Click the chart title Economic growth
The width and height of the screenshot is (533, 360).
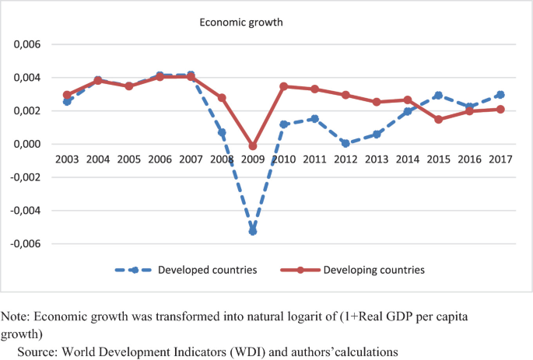pyautogui.click(x=240, y=23)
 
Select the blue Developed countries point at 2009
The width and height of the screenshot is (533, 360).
pyautogui.click(x=253, y=232)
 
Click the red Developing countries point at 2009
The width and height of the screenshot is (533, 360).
pyautogui.click(x=253, y=146)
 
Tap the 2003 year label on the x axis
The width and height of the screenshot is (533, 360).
pyautogui.click(x=68, y=159)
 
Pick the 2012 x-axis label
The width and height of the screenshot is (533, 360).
pyautogui.click(x=345, y=159)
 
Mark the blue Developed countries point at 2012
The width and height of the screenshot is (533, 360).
pyautogui.click(x=345, y=143)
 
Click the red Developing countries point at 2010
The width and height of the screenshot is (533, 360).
pyautogui.click(x=284, y=86)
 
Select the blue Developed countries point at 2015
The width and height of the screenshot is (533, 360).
pyautogui.click(x=438, y=96)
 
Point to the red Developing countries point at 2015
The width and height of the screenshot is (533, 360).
pyautogui.click(x=438, y=120)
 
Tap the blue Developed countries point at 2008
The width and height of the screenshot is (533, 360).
pyautogui.click(x=222, y=133)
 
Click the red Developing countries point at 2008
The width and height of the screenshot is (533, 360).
pyautogui.click(x=222, y=98)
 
